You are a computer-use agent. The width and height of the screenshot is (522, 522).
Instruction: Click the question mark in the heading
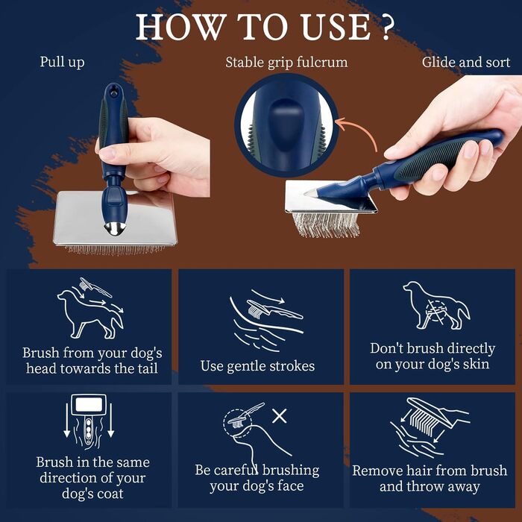click(x=387, y=28)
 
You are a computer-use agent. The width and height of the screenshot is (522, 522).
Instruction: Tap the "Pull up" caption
click(x=62, y=62)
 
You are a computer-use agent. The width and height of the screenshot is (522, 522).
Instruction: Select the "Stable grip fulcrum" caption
click(x=286, y=62)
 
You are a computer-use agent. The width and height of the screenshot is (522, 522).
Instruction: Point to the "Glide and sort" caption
click(x=466, y=62)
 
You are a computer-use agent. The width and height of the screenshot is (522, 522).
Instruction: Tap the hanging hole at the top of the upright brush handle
click(x=114, y=91)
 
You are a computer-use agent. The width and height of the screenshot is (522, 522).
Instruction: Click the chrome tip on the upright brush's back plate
click(x=115, y=228)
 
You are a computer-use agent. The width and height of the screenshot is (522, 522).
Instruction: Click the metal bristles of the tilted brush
click(x=326, y=224)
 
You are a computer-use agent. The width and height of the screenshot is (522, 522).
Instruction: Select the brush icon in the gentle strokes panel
click(x=274, y=309)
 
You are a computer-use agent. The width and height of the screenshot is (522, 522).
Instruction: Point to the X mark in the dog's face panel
click(x=280, y=416)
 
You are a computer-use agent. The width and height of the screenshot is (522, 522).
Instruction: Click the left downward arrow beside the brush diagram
click(x=66, y=420)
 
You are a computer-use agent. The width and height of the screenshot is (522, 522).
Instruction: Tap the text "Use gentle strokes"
click(x=257, y=366)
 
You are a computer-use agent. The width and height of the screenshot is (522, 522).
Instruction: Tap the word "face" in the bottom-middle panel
click(x=291, y=485)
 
